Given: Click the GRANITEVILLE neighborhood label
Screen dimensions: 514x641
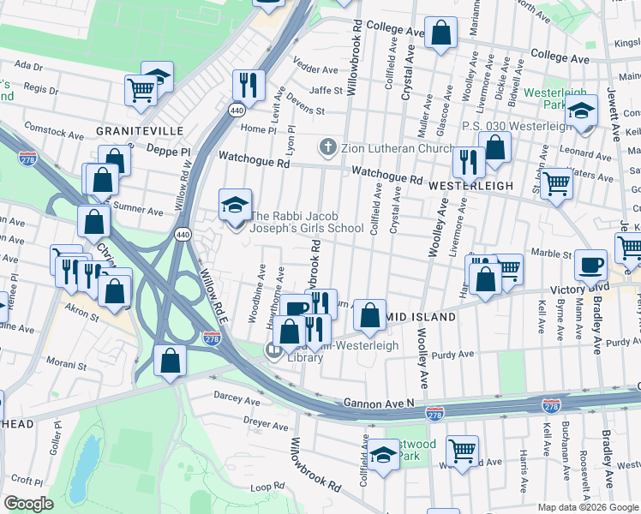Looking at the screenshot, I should point(140,130).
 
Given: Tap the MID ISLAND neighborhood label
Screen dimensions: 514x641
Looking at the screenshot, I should point(422,317).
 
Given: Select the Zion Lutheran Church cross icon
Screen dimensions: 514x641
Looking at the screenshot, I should point(326,147).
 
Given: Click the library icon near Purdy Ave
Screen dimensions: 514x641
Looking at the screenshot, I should point(274,350).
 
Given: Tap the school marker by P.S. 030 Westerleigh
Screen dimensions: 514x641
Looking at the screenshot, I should point(581,112).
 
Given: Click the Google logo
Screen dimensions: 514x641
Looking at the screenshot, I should point(29,504).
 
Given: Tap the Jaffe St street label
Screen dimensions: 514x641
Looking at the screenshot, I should point(326,89).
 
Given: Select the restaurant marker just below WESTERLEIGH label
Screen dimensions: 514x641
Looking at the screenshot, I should point(468,161).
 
